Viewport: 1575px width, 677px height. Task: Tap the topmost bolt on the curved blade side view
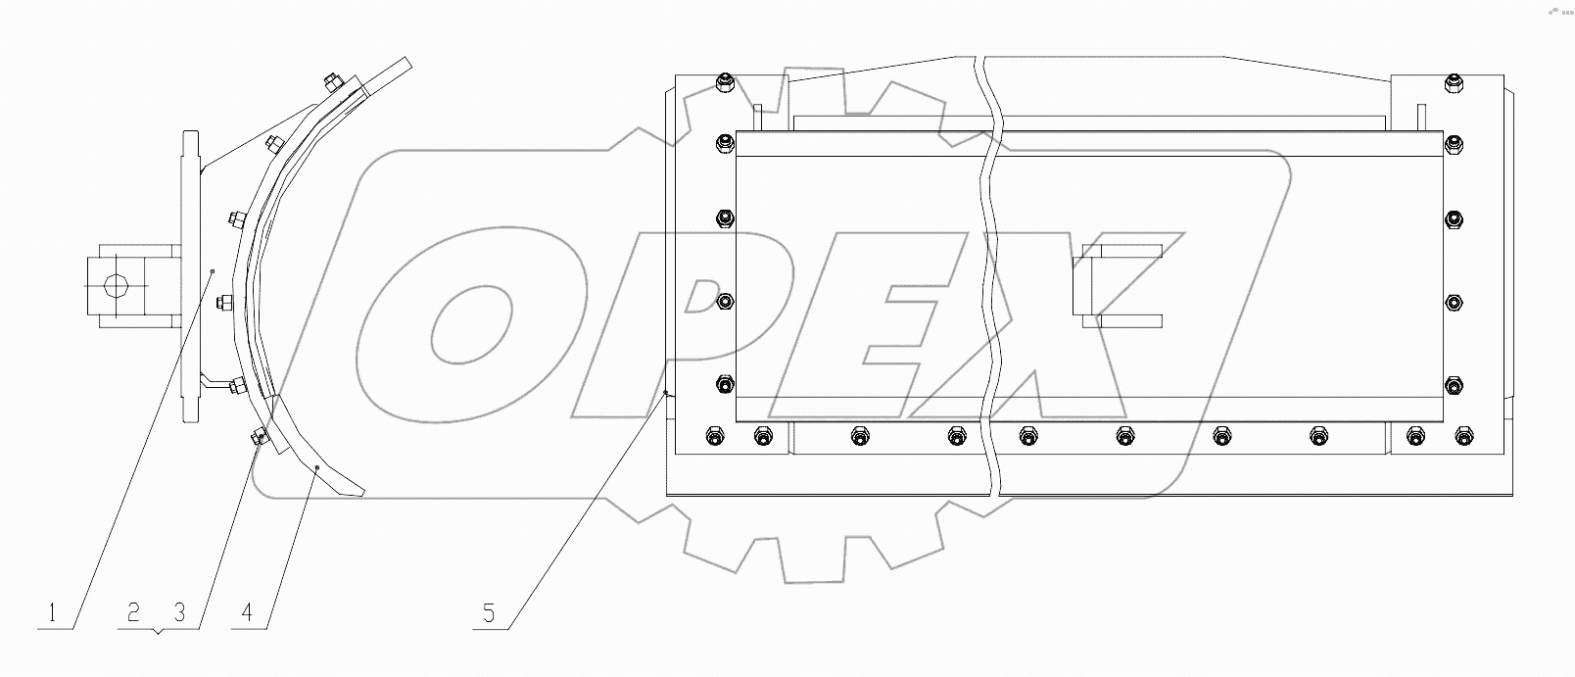click(x=329, y=79)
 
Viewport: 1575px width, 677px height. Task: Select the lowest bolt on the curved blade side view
click(x=261, y=438)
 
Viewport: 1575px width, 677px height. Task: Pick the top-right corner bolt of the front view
click(x=1454, y=85)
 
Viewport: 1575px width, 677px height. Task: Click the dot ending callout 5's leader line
click(x=666, y=393)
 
